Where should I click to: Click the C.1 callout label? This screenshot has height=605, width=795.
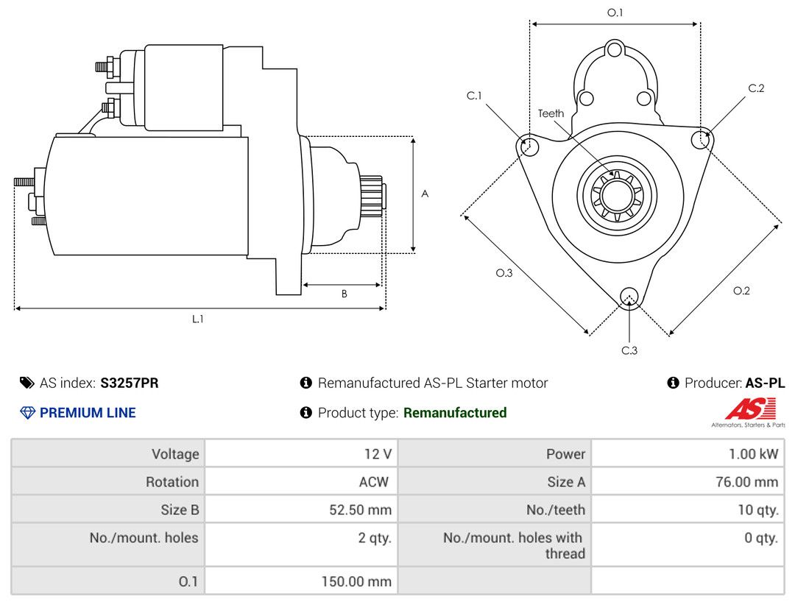473,96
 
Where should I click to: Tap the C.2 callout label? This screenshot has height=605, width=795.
756,88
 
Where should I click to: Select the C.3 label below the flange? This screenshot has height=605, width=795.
629,350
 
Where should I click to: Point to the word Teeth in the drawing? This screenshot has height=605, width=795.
551,113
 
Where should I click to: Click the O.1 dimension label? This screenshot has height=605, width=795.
615,13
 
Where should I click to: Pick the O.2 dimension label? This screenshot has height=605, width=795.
741,291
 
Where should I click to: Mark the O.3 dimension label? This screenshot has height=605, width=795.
504,273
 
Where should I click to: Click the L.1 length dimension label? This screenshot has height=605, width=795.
198,319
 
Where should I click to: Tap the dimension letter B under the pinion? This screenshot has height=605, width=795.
344,294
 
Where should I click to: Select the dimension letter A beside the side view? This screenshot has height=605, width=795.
425,194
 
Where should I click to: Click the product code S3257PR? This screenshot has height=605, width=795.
130,383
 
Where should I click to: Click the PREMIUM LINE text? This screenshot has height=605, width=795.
88,413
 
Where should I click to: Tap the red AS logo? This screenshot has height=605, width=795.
750,408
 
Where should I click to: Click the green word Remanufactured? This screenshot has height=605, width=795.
455,413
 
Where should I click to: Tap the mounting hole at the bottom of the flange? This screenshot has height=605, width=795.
629,297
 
